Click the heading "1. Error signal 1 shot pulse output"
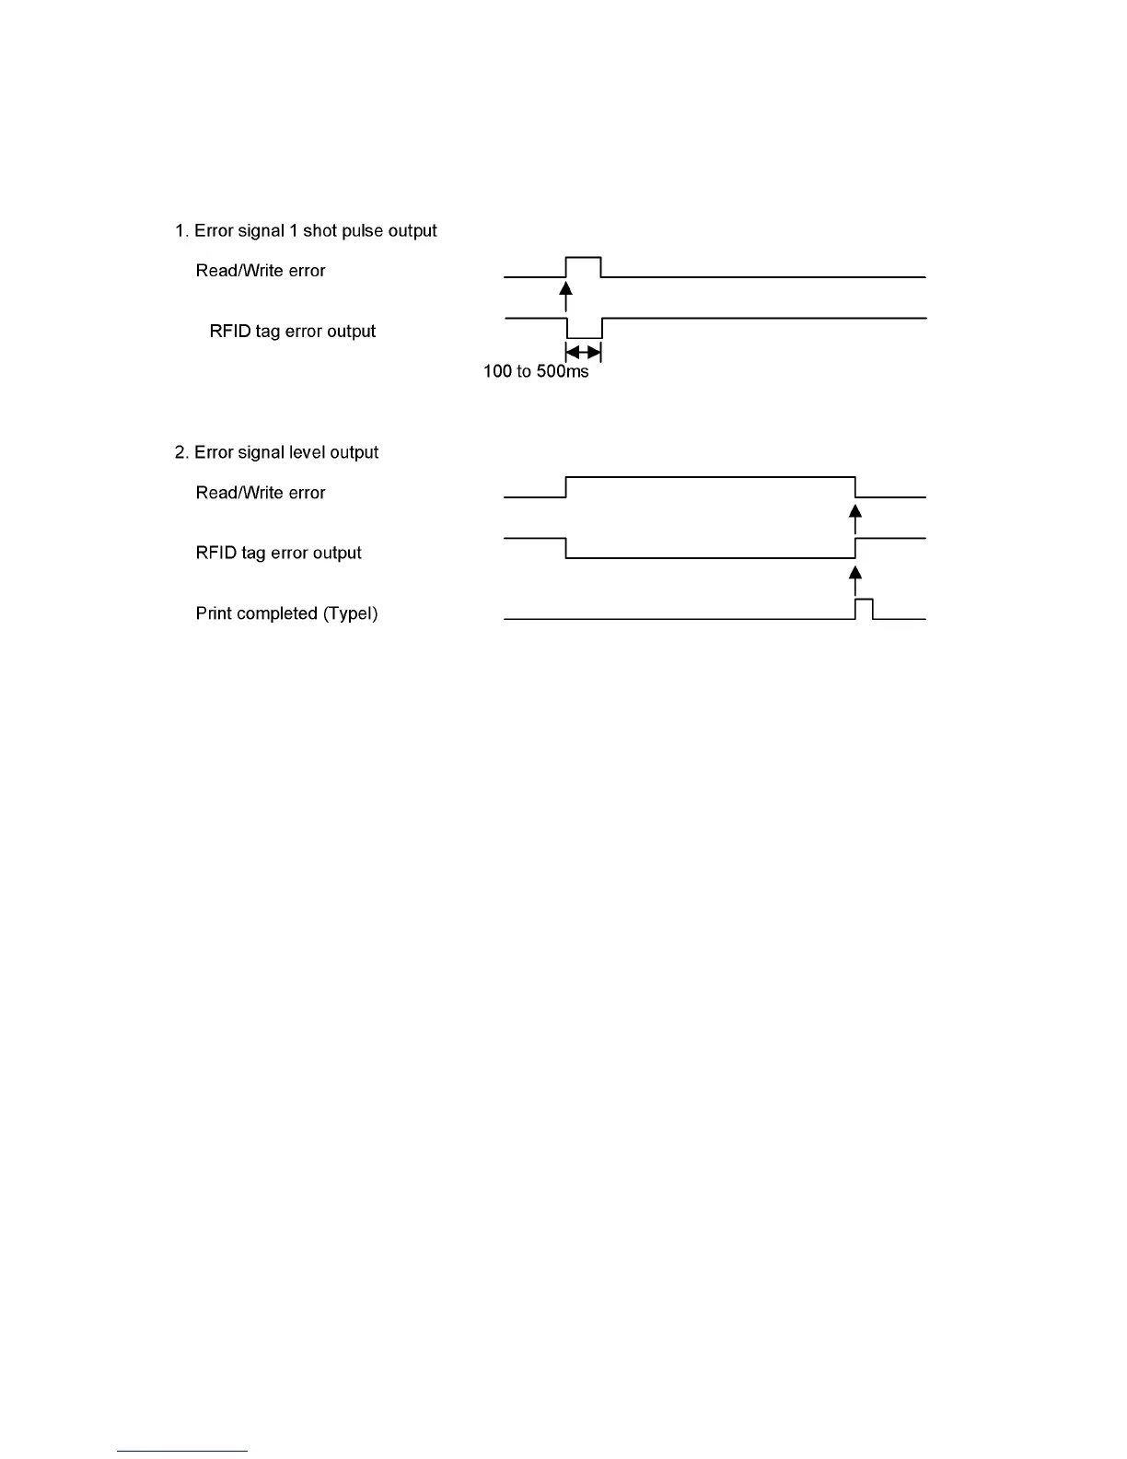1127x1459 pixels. pos(306,230)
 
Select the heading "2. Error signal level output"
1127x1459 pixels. pos(276,452)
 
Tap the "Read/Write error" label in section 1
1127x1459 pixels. pos(261,271)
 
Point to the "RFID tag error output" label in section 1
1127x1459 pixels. pos(293,332)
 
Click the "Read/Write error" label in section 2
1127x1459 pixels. pos(261,493)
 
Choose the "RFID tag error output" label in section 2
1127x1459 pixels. pos(279,553)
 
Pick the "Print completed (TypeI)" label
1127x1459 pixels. pos(286,613)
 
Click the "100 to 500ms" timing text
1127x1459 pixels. pos(536,372)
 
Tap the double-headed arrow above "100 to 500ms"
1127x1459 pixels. pos(583,353)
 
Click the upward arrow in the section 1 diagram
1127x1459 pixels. pos(566,296)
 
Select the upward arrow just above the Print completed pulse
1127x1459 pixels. pos(855,580)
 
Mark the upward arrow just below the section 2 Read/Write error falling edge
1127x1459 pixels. pos(855,518)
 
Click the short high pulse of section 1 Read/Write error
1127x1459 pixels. pos(583,259)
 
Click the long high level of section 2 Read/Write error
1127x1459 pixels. pos(709,478)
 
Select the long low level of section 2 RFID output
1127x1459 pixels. pos(709,557)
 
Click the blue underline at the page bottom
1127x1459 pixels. pos(182,1452)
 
